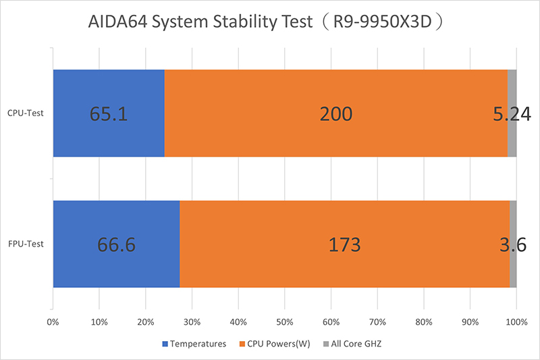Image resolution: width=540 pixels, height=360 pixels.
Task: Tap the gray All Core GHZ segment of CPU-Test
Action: point(512,84)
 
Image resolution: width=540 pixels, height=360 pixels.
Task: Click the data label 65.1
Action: point(109,113)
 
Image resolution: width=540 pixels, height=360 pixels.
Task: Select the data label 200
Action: point(335,113)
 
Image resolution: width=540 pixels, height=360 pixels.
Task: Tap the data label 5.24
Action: point(511,113)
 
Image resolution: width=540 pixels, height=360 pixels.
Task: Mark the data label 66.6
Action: point(116,245)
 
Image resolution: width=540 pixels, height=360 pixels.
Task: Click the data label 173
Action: point(344,245)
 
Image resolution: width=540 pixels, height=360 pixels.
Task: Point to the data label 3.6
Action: point(513,245)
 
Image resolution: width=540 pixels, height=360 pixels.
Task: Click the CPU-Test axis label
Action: point(26,113)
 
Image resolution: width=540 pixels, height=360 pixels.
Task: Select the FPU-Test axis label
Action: point(26,244)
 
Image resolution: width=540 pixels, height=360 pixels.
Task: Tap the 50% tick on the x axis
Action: point(284,323)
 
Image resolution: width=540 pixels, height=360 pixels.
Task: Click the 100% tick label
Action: point(516,323)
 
